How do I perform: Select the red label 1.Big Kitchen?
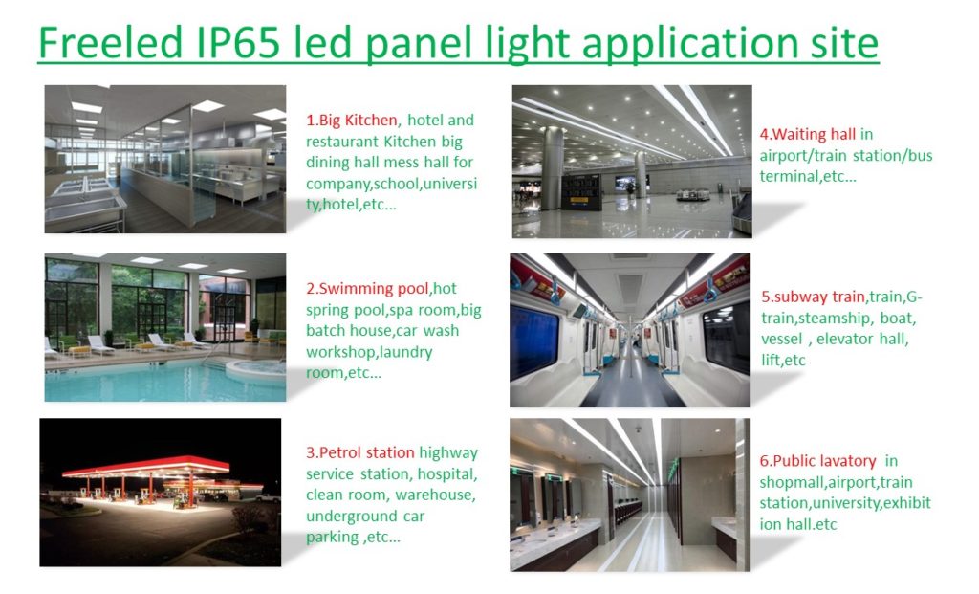click(x=352, y=121)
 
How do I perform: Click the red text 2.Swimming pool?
click(x=369, y=289)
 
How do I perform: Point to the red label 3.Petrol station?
click(x=360, y=452)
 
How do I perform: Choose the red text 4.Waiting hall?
click(x=808, y=134)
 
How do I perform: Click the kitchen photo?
click(x=165, y=159)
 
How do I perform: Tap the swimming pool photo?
click(x=165, y=327)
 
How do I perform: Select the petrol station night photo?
click(x=161, y=492)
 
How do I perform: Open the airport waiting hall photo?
click(x=632, y=161)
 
